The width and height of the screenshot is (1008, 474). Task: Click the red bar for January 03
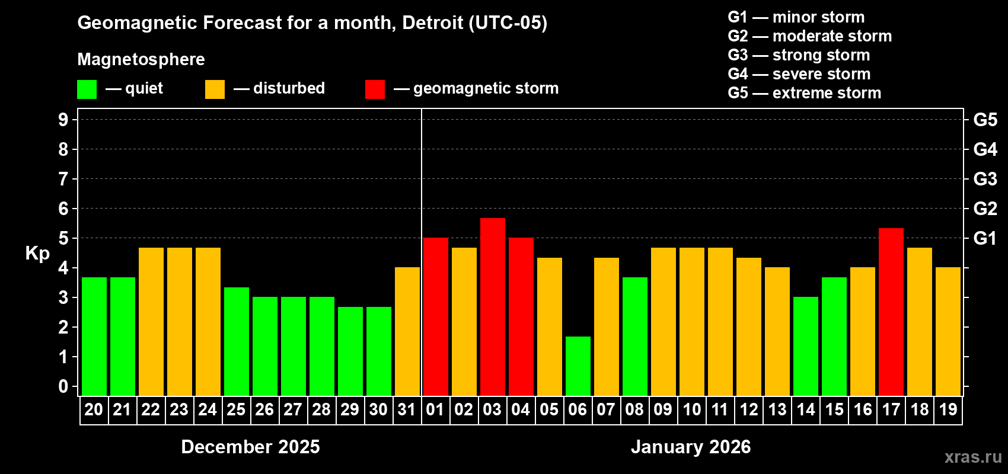point(492,306)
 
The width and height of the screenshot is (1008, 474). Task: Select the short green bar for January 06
point(578,366)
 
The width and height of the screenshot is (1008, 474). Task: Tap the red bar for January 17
point(891,312)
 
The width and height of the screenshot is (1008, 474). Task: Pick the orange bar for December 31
point(407,331)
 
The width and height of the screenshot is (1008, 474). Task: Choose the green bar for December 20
point(94,336)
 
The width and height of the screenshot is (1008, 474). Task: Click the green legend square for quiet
point(87,89)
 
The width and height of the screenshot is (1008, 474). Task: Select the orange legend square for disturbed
point(215,89)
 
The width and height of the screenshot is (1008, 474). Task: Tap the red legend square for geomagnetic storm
point(375,89)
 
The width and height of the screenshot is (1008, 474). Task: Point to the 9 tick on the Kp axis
point(63,120)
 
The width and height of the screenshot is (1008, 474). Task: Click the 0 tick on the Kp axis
point(63,386)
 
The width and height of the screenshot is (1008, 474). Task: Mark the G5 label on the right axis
point(985,120)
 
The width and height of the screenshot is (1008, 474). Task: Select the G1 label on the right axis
point(985,238)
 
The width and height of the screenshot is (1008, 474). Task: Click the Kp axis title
point(37,253)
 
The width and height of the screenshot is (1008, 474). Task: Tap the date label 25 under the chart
point(236,409)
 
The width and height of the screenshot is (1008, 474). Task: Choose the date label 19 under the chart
point(948,409)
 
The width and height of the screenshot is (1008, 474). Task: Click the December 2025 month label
point(250,447)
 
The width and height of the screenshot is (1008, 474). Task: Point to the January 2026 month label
point(690,447)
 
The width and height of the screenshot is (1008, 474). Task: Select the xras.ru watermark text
point(973,456)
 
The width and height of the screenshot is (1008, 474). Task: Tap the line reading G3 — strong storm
point(799,55)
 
